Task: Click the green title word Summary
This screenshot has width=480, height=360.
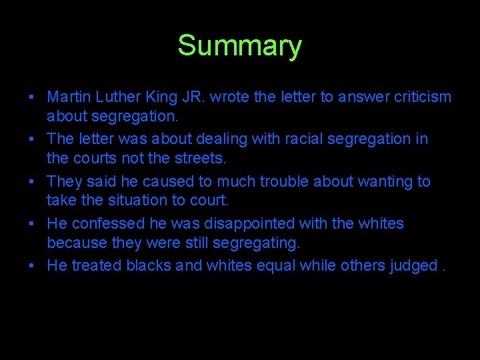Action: [239, 46]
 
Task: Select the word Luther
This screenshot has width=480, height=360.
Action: [115, 97]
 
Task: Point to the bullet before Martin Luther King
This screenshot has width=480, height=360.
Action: [33, 98]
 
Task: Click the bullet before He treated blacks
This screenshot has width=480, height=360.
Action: [33, 266]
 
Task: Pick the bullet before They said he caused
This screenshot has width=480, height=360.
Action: [33, 182]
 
